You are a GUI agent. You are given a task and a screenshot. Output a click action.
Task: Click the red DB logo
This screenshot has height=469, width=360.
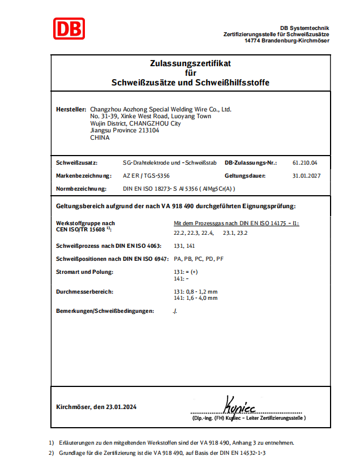pos(69,28)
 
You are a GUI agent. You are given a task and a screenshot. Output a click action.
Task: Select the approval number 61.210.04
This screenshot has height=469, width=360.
pos(305,162)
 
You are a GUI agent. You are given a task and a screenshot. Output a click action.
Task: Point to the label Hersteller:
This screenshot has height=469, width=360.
pos(71,109)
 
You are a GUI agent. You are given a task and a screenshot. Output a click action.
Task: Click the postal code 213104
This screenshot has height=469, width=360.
pos(148,130)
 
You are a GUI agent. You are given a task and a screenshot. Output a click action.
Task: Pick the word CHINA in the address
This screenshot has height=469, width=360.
pos(100,137)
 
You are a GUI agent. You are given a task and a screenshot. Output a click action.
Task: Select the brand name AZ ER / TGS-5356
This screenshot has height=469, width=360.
pos(146,176)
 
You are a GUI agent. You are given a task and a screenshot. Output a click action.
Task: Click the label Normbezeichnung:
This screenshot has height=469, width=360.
pos(82,190)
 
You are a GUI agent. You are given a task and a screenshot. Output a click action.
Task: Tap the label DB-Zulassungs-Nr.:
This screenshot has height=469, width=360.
pos(251,162)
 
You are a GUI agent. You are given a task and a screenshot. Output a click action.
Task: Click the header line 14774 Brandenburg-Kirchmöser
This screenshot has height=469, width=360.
pos(287,41)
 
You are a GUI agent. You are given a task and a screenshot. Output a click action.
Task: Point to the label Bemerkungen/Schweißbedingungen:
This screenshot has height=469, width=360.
pos(105,311)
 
